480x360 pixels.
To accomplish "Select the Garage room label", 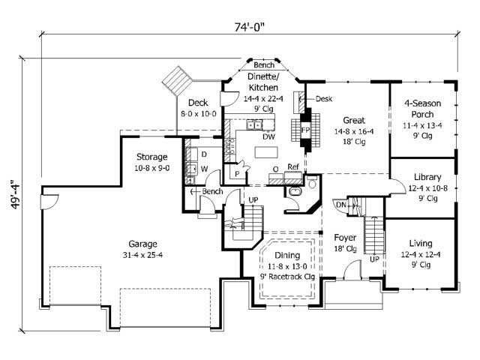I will (x=142, y=244).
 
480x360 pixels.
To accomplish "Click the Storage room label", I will (x=151, y=157).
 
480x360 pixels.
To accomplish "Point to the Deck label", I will (x=198, y=103).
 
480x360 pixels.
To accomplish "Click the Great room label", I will (x=354, y=119).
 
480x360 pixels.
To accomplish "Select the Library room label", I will (x=427, y=177).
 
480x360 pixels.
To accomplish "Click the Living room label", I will (x=425, y=243).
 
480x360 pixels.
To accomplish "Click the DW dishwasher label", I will (x=268, y=136).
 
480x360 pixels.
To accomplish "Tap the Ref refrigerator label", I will (x=293, y=166).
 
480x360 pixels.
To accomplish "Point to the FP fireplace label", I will (x=305, y=129).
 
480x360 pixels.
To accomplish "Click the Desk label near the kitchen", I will (x=324, y=98).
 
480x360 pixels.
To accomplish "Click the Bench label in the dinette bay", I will (x=263, y=64).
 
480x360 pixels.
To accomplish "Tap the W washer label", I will (x=203, y=167).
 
